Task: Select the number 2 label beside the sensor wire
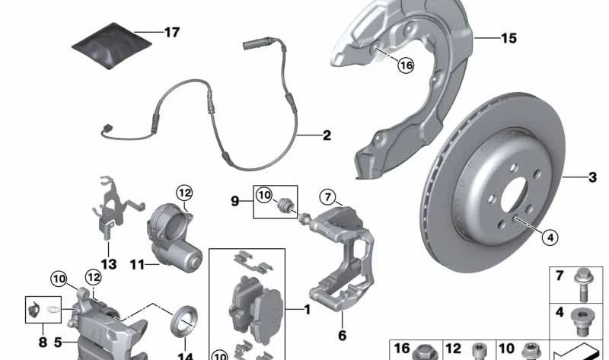pos(326,136)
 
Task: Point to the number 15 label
pos(508,37)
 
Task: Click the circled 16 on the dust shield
pos(405,66)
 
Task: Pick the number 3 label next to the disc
pos(592,178)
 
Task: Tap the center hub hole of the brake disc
pos(505,197)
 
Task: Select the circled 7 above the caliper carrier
pos(327,197)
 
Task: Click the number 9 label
pos(236,201)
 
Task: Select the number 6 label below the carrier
pos(342,334)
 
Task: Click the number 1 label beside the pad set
pos(308,310)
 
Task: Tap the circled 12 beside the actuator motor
pos(185,193)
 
